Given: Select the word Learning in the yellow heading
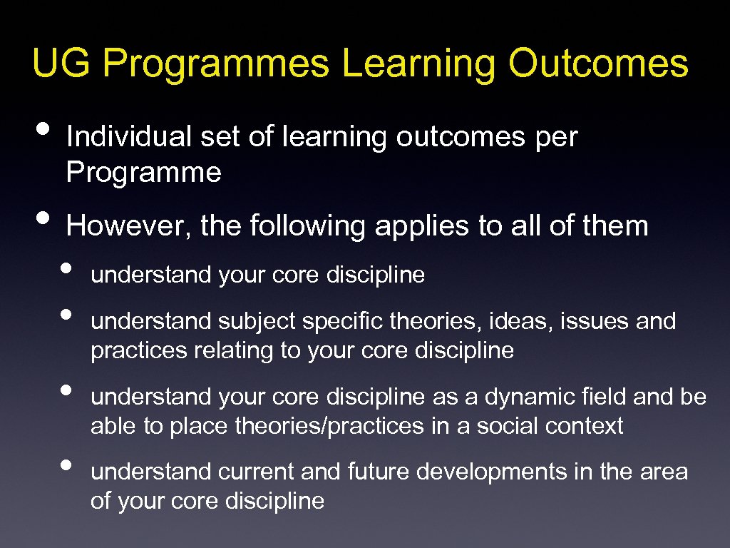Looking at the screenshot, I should pos(419,65).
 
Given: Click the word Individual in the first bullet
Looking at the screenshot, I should pos(128,137).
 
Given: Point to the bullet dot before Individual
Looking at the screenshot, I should pos(43,131).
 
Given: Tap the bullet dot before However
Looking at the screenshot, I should pos(43,220).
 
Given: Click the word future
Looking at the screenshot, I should pos(381,472).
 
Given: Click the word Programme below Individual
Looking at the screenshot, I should pos(143,172).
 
